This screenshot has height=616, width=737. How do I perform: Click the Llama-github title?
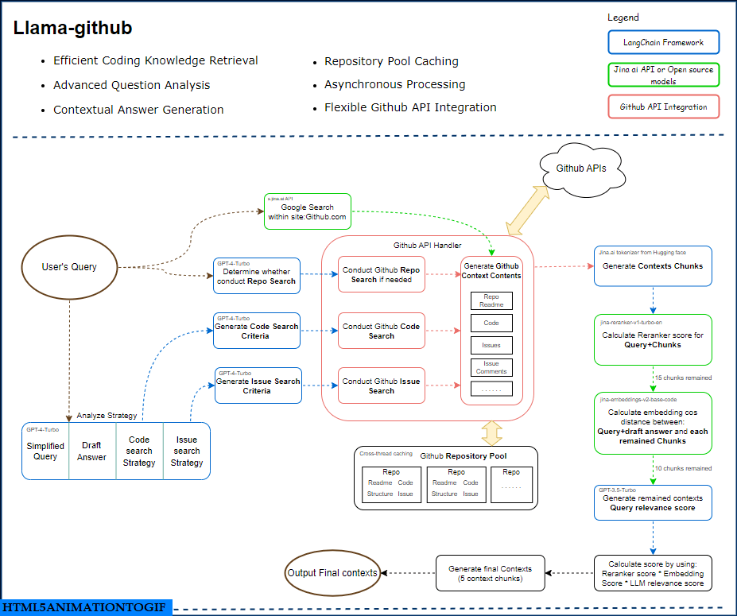[72, 29]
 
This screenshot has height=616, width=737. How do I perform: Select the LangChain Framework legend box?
[662, 41]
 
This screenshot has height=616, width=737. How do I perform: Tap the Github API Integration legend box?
[662, 107]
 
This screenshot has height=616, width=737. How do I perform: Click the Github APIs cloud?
[580, 169]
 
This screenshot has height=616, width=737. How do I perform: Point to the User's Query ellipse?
[69, 267]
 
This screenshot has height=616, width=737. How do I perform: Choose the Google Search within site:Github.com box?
[308, 211]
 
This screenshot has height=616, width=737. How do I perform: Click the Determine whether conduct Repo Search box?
[257, 277]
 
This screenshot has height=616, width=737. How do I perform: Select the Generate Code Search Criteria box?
[257, 331]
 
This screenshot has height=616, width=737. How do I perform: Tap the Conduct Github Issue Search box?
[382, 386]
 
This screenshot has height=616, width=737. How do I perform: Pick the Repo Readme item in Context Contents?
[491, 300]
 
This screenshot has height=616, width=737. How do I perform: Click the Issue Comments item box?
[491, 367]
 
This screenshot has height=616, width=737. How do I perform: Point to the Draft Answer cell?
[91, 451]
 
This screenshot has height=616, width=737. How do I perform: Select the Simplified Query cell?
[45, 451]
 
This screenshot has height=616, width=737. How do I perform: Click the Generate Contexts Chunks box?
[653, 266]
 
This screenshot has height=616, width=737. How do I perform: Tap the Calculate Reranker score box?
[653, 340]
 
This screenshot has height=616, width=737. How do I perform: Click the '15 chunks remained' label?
[682, 378]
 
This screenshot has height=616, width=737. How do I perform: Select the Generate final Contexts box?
[491, 573]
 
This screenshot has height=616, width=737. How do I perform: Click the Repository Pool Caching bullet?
[391, 61]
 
